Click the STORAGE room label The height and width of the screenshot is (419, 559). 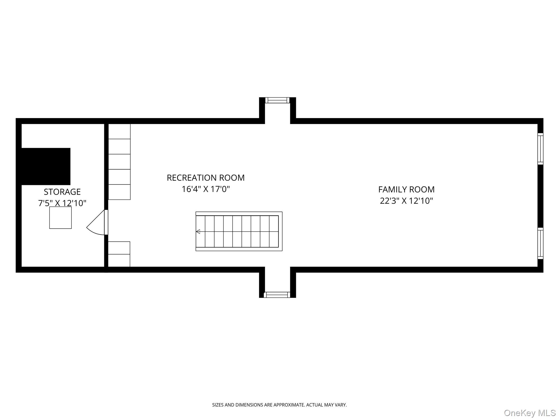tap(62, 192)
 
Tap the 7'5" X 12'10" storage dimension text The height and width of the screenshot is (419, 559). tap(62, 203)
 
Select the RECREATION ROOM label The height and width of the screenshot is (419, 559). tap(206, 178)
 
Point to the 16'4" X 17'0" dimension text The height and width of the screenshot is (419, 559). tap(206, 189)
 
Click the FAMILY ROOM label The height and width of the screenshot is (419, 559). tap(406, 189)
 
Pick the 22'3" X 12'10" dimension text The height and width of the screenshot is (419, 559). tap(406, 201)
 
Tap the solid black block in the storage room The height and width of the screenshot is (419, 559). tap(46, 166)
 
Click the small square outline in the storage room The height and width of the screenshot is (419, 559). tap(60, 218)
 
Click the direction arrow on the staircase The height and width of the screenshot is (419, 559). tap(198, 232)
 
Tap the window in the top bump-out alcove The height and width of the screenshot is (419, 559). tap(277, 100)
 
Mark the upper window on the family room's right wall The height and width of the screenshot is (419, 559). tap(540, 149)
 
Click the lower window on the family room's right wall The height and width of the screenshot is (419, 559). tap(540, 243)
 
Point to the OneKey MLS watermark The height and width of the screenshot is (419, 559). tap(530, 413)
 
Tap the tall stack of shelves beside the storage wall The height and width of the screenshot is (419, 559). tap(119, 162)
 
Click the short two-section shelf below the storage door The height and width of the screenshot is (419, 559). tap(119, 254)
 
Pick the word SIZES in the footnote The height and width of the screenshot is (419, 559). tap(218, 405)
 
